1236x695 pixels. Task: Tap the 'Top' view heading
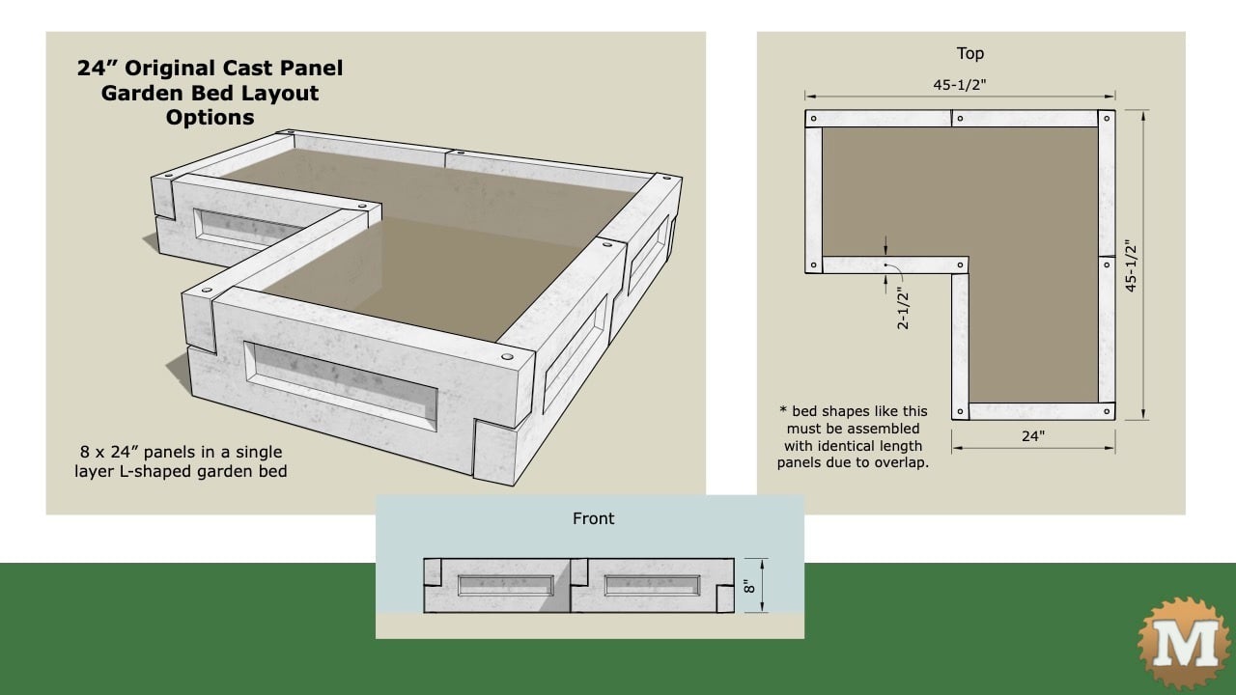969,53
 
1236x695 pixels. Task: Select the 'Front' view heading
593,518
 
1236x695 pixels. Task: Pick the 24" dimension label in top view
1032,436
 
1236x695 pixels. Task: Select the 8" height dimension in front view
747,585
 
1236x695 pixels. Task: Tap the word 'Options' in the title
210,118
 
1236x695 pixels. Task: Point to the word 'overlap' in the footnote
899,462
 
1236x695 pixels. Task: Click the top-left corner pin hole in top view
813,120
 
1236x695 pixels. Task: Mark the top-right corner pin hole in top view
1106,120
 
